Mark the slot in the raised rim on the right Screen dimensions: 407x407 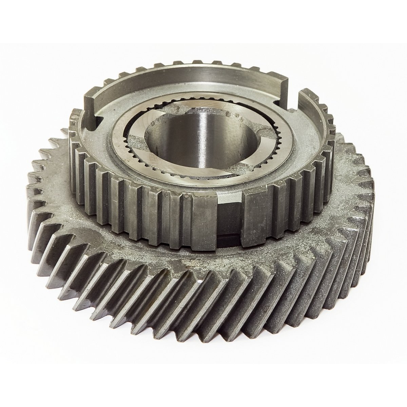pyautogui.click(x=295, y=98)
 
